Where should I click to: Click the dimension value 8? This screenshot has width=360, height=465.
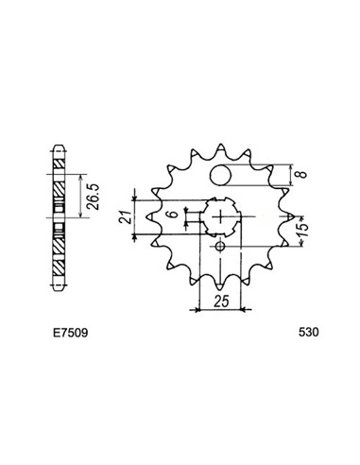(301, 177)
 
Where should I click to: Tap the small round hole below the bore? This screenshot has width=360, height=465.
(219, 248)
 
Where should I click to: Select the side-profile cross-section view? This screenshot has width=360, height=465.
(59, 216)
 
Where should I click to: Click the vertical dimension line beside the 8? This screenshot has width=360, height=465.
(288, 176)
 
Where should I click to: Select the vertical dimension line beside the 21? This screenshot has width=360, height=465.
(138, 219)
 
